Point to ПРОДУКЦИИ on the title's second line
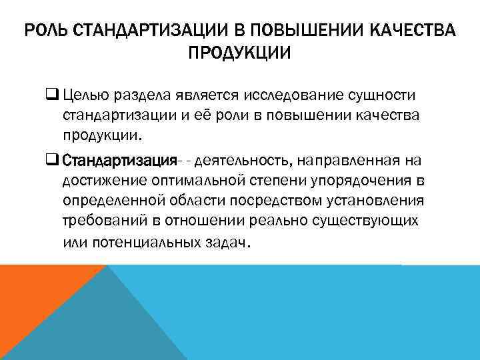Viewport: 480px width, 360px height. (239, 53)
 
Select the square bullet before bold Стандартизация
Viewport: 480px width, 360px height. (69, 161)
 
